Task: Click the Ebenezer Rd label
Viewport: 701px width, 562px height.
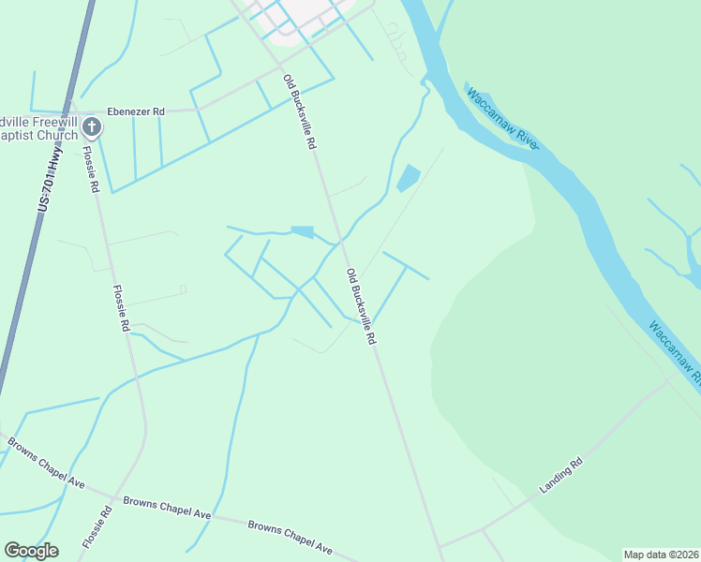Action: (136, 111)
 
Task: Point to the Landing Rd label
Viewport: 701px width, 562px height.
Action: (562, 476)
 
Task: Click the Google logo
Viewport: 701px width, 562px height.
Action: (31, 550)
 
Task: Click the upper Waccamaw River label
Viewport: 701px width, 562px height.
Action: (502, 118)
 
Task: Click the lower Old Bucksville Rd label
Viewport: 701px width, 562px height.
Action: (361, 307)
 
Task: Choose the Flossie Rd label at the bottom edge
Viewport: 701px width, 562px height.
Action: (96, 529)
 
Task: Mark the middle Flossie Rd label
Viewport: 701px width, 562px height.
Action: (121, 308)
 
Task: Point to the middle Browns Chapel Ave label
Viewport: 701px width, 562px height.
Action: (167, 507)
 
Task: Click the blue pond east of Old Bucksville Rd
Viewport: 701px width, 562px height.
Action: (408, 177)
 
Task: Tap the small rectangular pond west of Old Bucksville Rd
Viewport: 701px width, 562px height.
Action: (303, 231)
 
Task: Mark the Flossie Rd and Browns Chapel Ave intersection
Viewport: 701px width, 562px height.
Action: (114, 497)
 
